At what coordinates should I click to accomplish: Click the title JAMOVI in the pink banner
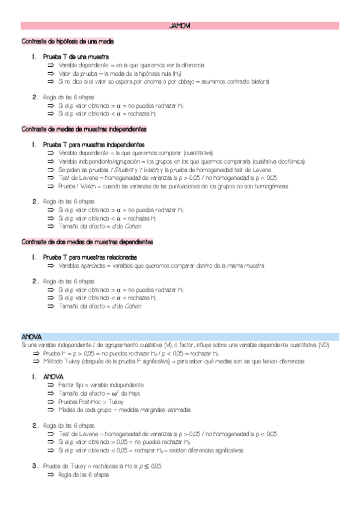[180, 26]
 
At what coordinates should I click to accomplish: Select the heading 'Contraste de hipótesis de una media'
[67, 41]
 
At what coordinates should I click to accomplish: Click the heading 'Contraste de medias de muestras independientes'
[84, 129]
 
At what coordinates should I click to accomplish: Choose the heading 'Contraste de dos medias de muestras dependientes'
[87, 242]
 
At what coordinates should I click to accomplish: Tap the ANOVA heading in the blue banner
[31, 337]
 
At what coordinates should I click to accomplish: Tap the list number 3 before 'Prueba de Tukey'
[34, 465]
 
